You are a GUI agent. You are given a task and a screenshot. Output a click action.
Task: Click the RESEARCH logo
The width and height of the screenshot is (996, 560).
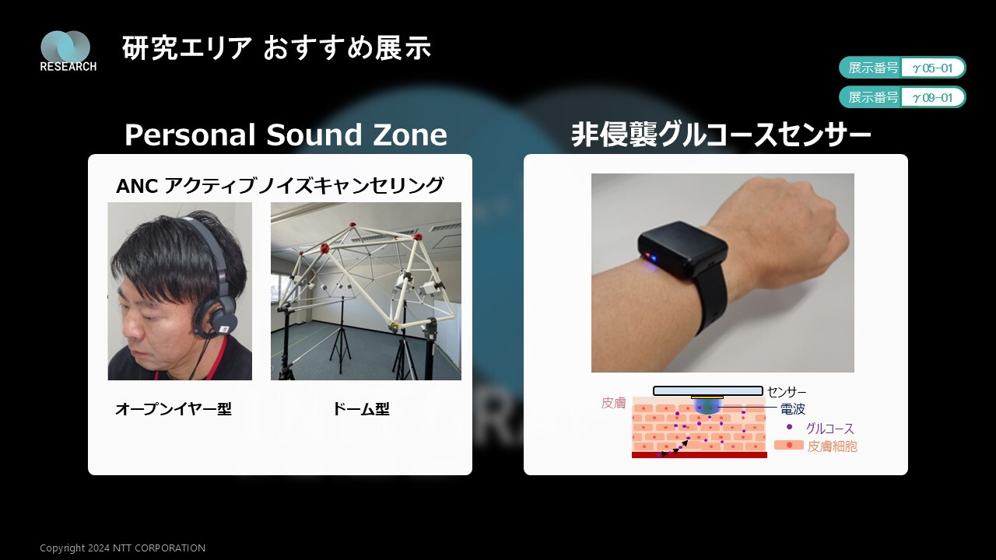click(x=68, y=51)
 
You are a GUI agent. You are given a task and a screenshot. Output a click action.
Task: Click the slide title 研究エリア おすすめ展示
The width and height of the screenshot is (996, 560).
click(x=276, y=48)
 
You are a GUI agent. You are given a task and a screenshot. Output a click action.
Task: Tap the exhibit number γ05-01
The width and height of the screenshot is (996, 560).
click(x=933, y=68)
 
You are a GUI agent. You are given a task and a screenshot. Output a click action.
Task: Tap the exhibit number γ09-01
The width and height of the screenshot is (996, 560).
click(x=933, y=97)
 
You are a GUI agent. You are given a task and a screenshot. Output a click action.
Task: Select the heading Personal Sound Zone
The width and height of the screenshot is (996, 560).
click(x=286, y=135)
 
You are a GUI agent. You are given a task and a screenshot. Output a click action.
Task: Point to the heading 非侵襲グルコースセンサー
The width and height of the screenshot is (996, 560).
click(x=721, y=135)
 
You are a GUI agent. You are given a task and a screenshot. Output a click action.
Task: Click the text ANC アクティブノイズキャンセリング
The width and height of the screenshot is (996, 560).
click(x=279, y=185)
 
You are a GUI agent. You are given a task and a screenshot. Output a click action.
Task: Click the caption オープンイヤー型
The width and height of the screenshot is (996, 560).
click(x=173, y=409)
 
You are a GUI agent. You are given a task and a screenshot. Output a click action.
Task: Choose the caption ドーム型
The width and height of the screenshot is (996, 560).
click(x=360, y=409)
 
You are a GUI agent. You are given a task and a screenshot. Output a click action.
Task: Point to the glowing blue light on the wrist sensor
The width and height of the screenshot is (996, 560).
click(x=649, y=257)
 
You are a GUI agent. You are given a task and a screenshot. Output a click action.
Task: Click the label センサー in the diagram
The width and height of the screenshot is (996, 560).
click(x=787, y=392)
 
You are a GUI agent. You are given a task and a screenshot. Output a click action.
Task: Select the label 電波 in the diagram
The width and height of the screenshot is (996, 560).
click(x=793, y=409)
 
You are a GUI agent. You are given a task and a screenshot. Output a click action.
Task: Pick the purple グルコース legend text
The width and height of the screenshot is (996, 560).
click(x=829, y=429)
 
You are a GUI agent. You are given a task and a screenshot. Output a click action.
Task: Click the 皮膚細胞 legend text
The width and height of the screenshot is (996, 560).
click(x=832, y=446)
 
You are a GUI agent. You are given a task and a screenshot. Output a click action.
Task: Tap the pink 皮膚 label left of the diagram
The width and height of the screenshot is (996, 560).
click(x=614, y=403)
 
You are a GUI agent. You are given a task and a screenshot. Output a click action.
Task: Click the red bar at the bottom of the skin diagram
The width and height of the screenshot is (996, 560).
click(x=700, y=455)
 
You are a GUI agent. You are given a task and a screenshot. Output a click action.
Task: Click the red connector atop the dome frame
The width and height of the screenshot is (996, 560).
click(x=352, y=225)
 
